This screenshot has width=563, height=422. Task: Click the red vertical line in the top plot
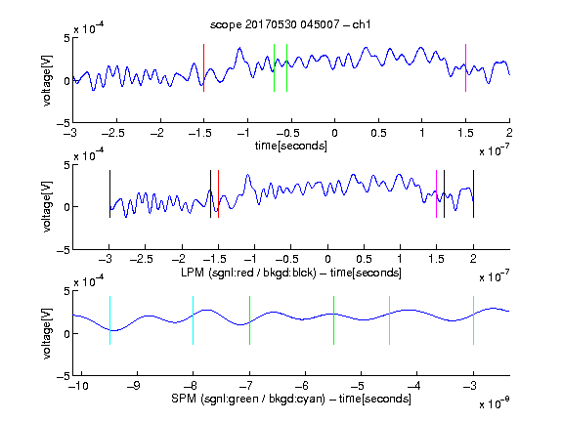tap(203, 67)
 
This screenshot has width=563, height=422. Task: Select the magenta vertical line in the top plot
tap(465, 67)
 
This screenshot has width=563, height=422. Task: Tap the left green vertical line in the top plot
tap(274, 67)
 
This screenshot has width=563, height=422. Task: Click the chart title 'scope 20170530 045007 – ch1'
tap(290, 24)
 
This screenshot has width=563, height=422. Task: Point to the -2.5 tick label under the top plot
tap(113, 133)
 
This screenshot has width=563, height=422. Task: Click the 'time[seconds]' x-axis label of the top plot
tap(291, 146)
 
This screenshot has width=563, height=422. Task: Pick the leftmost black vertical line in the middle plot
tap(109, 193)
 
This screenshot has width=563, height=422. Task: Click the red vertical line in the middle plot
tap(218, 193)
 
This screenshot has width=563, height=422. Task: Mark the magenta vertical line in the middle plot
tap(436, 193)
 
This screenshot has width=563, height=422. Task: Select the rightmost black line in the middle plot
tap(473, 193)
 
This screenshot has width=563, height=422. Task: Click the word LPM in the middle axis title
tap(193, 273)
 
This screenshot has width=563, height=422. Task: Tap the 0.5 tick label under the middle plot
tap(364, 259)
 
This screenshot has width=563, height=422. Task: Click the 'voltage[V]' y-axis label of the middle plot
tap(47, 207)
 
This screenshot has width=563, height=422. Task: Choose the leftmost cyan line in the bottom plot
tap(109, 320)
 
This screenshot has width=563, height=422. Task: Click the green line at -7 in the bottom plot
tap(249, 320)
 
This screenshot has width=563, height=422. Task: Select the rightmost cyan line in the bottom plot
tap(473, 320)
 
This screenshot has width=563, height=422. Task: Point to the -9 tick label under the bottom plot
tap(134, 386)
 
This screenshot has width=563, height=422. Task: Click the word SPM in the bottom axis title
tap(183, 399)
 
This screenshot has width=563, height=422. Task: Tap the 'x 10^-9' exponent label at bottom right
tap(494, 403)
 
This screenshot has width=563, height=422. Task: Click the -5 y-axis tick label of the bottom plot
tap(64, 376)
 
